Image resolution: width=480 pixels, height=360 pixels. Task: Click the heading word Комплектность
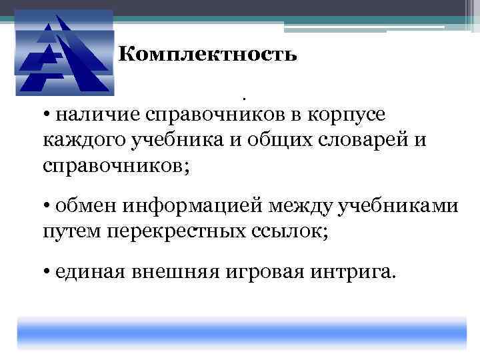coord(207,54)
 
